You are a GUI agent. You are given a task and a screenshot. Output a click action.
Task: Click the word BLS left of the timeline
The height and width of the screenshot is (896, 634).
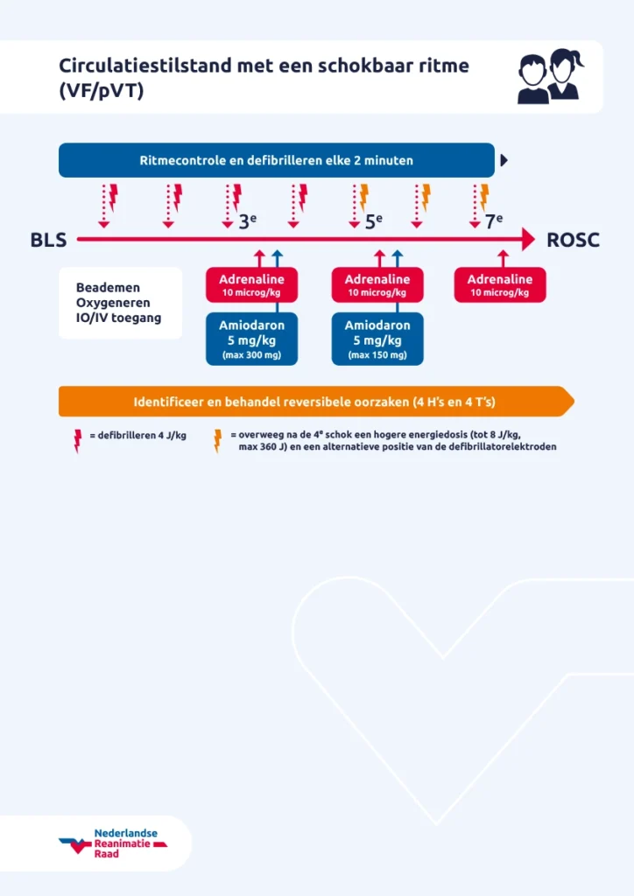click(x=48, y=240)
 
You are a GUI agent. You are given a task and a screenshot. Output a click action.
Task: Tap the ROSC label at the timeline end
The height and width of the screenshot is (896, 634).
click(x=573, y=240)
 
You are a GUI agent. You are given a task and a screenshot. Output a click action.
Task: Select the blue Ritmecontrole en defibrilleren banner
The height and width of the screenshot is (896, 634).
click(x=276, y=160)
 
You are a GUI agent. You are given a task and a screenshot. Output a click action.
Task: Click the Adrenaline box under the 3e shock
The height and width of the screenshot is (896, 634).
click(x=251, y=285)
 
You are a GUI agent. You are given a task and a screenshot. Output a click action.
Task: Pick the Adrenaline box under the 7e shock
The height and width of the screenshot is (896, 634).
click(x=499, y=285)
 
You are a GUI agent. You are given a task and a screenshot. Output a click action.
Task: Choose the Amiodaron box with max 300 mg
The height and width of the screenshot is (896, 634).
click(x=251, y=339)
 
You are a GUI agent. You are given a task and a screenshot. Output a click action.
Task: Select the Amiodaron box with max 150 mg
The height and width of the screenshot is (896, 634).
click(x=377, y=339)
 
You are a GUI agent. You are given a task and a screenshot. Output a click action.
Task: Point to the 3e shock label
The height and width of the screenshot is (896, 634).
click(x=248, y=221)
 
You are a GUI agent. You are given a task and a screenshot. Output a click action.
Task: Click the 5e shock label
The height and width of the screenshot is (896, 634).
click(x=374, y=221)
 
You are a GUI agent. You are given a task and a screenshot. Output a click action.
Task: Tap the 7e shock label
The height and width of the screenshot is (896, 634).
click(x=494, y=221)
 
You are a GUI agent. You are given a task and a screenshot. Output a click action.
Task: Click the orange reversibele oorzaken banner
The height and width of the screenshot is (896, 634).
click(x=315, y=402)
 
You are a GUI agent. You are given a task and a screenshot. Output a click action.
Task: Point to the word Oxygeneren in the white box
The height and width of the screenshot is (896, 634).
click(x=113, y=303)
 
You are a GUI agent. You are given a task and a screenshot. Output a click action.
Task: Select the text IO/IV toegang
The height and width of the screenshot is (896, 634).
click(x=119, y=318)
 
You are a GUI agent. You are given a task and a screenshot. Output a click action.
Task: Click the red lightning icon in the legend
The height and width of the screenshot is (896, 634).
click(x=78, y=440)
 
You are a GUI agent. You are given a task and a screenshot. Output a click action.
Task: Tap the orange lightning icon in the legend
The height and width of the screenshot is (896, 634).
click(x=218, y=440)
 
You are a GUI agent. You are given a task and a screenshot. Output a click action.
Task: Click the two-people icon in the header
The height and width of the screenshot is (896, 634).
click(x=550, y=77)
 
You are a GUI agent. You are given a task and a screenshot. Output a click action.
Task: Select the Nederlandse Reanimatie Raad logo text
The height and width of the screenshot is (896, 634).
click(x=125, y=843)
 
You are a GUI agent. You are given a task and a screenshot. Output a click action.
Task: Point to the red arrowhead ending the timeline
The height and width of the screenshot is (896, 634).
click(x=527, y=239)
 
